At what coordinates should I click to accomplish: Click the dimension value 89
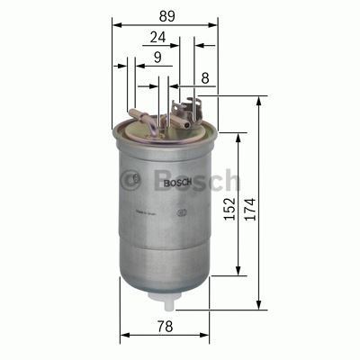165,16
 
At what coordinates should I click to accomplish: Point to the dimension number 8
205,79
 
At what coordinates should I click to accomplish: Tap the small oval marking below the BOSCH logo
179,212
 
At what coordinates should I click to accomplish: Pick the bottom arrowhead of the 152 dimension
238,273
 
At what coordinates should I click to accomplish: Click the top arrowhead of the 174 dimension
259,98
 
